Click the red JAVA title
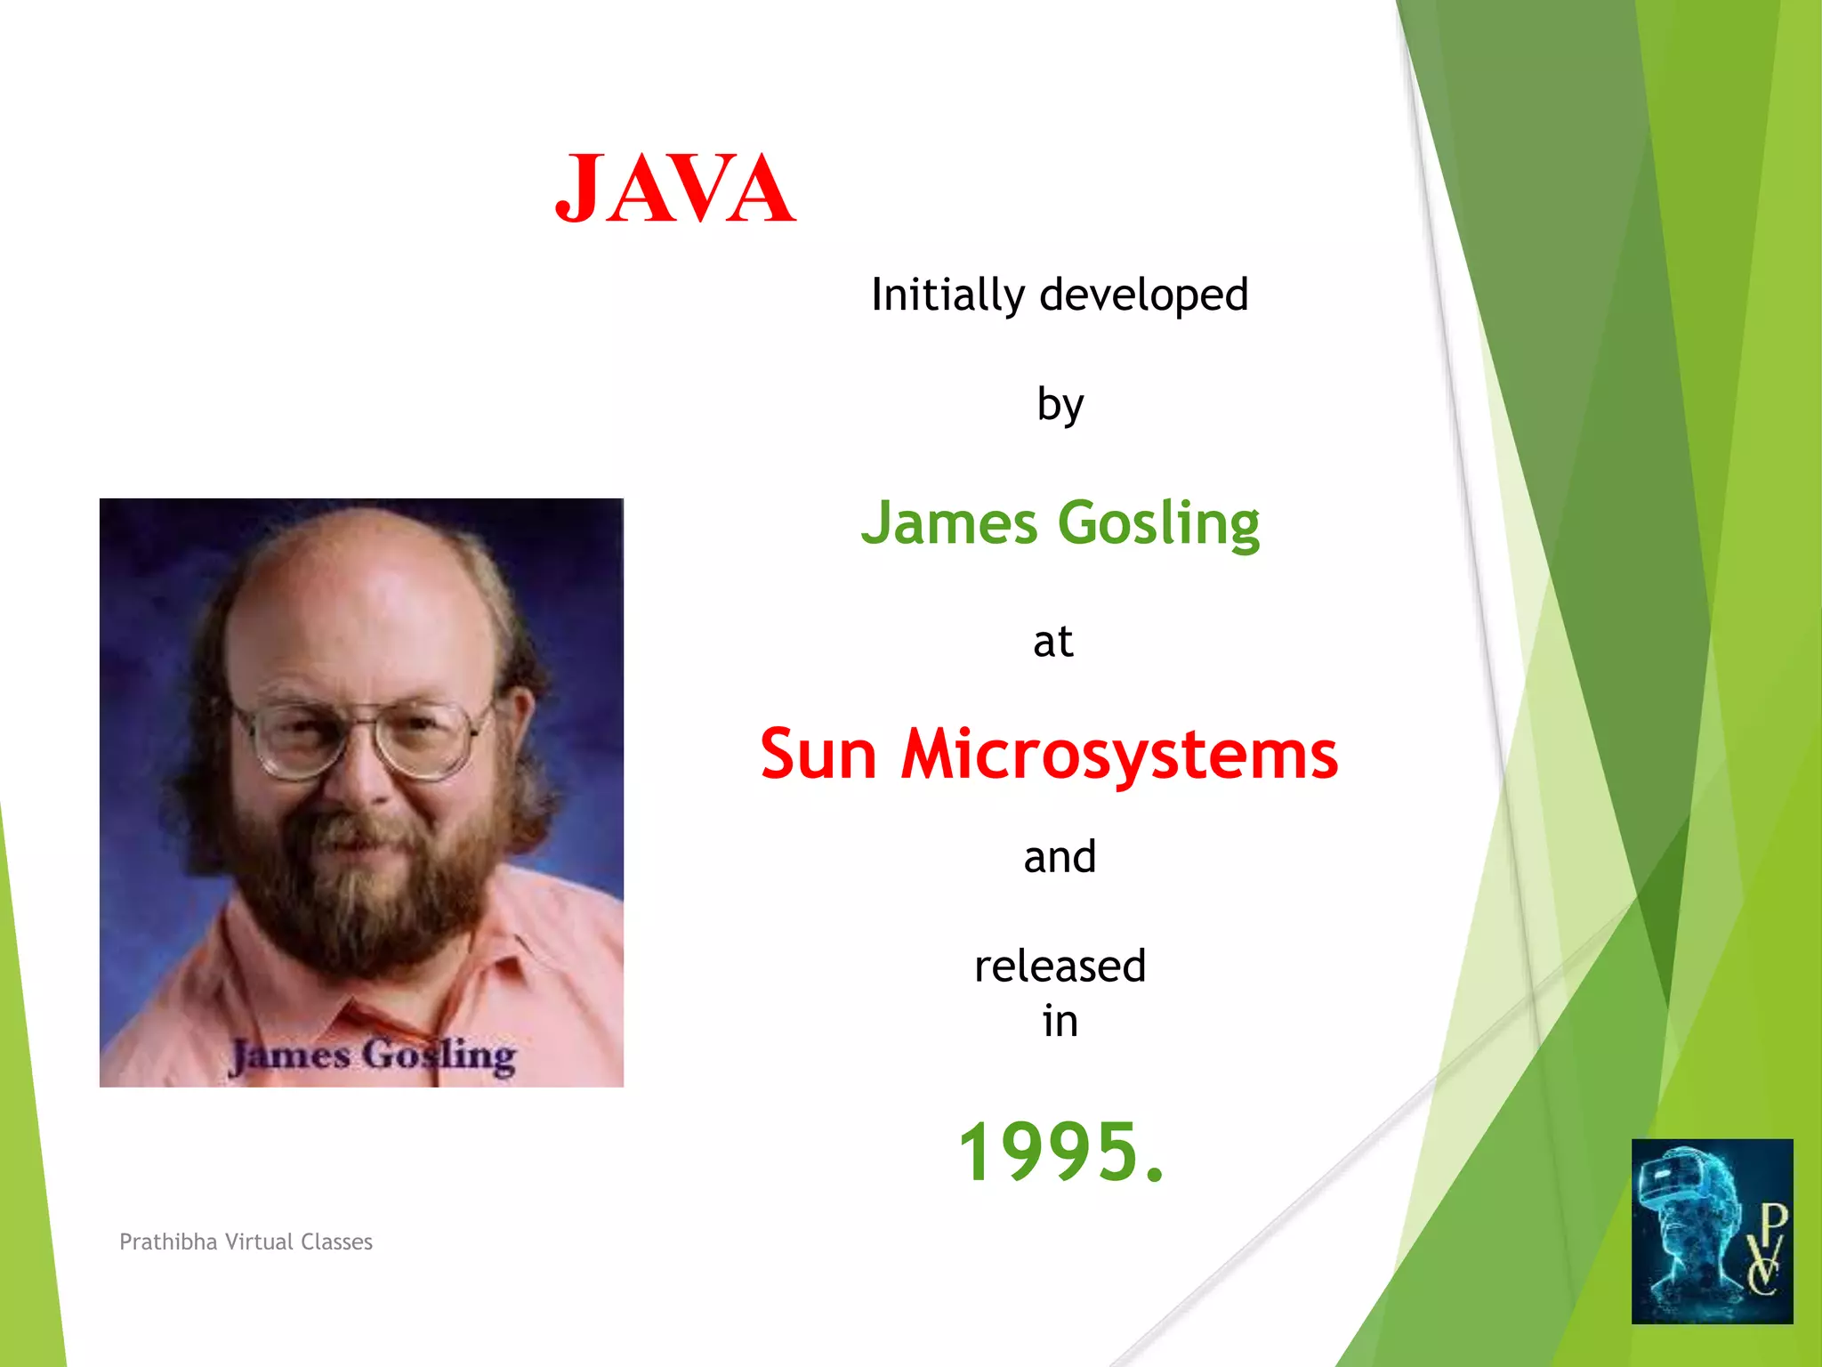(x=674, y=189)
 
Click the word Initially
(x=947, y=295)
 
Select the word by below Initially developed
(x=1060, y=406)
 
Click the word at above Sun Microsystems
(x=1052, y=642)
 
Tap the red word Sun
(x=818, y=755)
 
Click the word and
(x=1059, y=857)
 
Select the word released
(x=1060, y=967)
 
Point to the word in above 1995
(x=1060, y=1021)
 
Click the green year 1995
(x=1060, y=1152)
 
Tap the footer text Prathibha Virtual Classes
(x=246, y=1242)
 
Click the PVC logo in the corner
(x=1712, y=1231)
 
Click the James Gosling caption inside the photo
(x=372, y=1056)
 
